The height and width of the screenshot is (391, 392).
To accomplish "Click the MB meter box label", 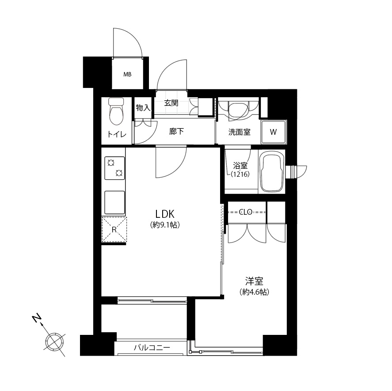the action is (127, 74).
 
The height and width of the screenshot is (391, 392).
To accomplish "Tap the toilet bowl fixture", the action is (116, 111).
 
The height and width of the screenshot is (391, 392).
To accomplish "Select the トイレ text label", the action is (117, 134).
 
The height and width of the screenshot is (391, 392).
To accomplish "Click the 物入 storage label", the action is (143, 108).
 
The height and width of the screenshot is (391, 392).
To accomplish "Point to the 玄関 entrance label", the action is (171, 103).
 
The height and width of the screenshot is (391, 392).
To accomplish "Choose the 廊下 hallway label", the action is (176, 131).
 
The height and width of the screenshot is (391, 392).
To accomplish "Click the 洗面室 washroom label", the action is (239, 132).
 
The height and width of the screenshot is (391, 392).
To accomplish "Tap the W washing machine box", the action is (273, 132).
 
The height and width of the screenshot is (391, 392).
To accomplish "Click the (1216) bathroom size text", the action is (240, 174).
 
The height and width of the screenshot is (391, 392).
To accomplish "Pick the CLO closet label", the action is (246, 212).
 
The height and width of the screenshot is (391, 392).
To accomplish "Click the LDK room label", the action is (165, 214).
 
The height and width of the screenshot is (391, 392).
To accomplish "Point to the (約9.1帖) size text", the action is (165, 225).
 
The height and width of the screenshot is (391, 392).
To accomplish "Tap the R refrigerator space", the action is (114, 229).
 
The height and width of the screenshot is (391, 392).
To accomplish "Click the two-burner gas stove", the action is (114, 168).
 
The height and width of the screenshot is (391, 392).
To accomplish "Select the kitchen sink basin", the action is (114, 202).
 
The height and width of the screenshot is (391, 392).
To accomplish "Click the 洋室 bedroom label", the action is (254, 281).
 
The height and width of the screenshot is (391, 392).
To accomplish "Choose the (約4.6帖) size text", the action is (254, 292).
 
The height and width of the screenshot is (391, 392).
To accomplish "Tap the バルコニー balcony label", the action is (152, 348).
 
